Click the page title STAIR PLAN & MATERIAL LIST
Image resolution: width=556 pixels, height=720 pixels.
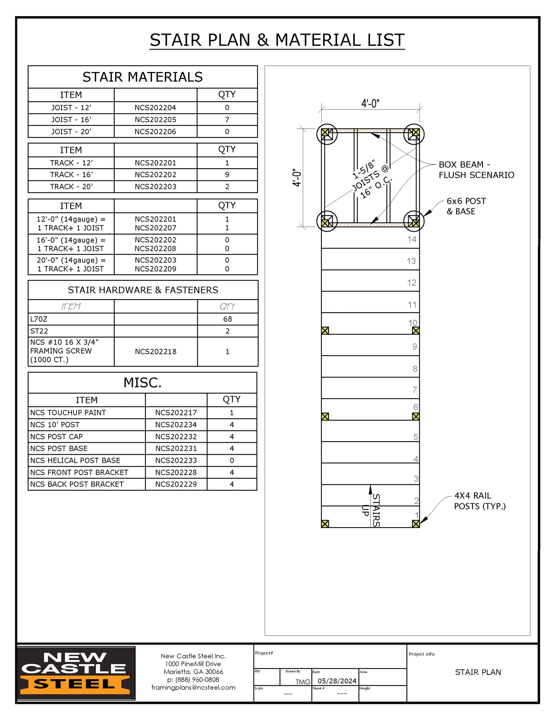[x=277, y=40]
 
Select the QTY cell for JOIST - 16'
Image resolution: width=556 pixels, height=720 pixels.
[x=227, y=120]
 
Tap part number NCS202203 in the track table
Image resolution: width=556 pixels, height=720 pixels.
[x=155, y=187]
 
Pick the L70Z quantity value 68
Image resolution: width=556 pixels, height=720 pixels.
[x=227, y=319]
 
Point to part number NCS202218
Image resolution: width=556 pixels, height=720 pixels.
[x=155, y=352]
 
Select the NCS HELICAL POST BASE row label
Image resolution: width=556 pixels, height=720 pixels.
[x=75, y=460]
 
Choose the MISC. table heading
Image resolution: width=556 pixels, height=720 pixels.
[x=142, y=383]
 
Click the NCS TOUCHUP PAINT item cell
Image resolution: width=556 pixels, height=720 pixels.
[x=68, y=413]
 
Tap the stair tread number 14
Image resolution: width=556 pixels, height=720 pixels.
[x=412, y=239]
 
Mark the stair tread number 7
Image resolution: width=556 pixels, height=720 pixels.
[x=414, y=390]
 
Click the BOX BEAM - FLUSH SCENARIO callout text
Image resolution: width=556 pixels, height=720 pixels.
[x=476, y=170]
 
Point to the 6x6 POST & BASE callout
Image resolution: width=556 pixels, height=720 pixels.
[x=466, y=206]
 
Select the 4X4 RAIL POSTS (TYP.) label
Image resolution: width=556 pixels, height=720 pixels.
[x=479, y=501]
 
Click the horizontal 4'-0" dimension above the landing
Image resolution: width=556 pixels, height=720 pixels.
[x=370, y=103]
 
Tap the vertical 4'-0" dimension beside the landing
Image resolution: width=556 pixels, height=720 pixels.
[x=297, y=177]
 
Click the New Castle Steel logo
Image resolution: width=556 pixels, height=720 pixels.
[x=76, y=673]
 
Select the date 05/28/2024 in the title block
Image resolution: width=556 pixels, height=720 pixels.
[x=337, y=681]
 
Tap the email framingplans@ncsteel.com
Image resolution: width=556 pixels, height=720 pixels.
[x=193, y=688]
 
